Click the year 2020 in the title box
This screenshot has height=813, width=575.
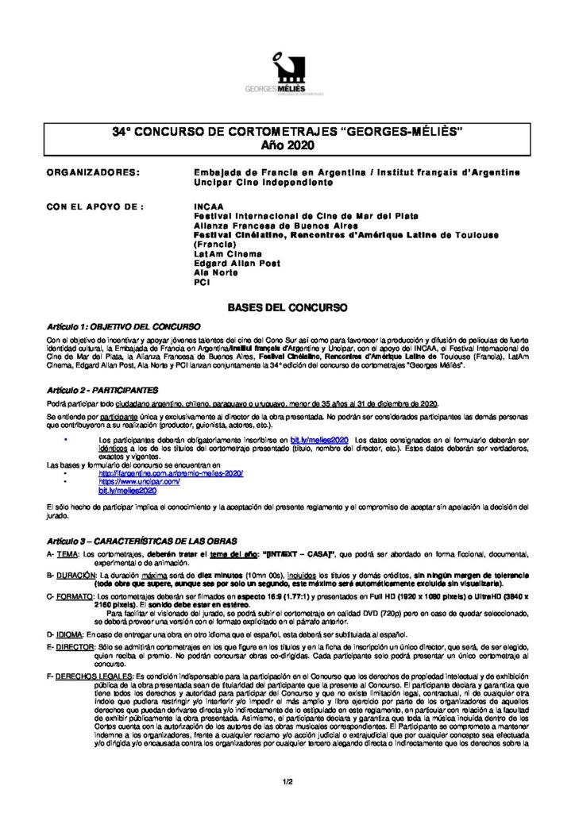coord(287,144)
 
